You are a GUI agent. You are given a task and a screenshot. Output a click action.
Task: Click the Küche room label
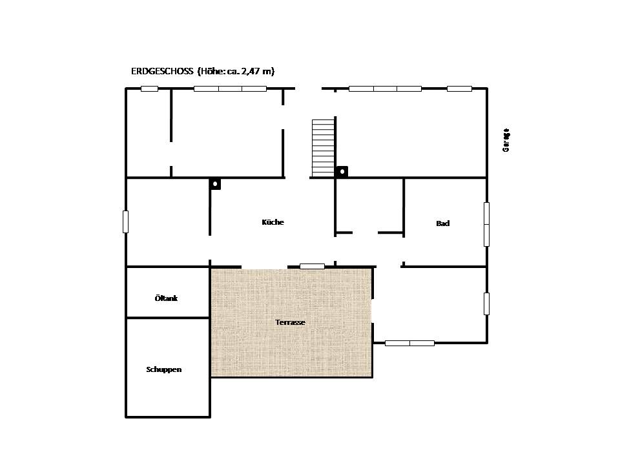273,222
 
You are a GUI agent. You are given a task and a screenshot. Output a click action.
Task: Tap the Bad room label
443,223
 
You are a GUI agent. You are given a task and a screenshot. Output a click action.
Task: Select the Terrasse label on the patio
290,322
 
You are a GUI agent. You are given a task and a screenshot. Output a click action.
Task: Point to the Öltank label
166,298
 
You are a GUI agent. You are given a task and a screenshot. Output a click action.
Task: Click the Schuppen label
163,369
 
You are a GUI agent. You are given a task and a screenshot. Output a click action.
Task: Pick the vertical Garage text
506,140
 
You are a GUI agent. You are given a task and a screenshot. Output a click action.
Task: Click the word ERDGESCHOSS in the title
162,71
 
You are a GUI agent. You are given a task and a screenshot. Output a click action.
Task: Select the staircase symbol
323,148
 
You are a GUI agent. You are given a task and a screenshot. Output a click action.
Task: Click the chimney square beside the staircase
342,172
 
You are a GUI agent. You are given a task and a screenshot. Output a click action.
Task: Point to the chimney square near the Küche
215,184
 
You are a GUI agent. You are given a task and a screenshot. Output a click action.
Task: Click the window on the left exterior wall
126,222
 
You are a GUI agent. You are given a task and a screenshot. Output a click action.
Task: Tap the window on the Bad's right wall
487,224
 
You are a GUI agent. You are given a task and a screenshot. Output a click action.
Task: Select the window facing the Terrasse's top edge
313,267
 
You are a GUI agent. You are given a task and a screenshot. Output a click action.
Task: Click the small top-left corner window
149,89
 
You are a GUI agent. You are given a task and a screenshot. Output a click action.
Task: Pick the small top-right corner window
459,89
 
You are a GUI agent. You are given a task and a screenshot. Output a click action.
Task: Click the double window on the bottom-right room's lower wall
409,343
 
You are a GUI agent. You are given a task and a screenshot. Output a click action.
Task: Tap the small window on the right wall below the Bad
487,304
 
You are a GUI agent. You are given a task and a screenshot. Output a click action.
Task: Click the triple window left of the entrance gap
230,89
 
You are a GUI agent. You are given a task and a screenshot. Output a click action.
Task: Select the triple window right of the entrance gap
385,89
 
